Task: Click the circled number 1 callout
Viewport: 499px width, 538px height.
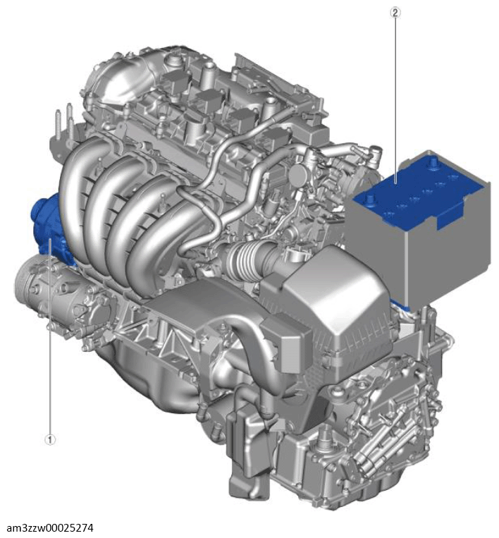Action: point(50,439)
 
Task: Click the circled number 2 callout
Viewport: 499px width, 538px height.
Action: point(395,13)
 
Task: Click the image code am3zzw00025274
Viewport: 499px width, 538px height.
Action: point(50,527)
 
